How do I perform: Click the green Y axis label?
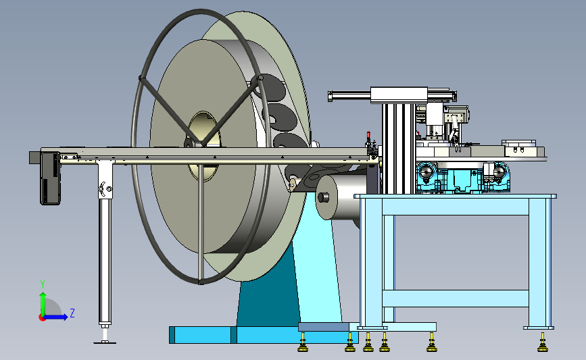43,284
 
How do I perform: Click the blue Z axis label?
72,313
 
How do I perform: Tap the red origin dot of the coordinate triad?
42,317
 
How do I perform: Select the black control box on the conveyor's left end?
50,178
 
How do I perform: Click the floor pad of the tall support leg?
105,341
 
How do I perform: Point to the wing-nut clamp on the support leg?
105,188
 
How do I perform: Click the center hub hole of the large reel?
203,146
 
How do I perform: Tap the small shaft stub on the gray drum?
323,197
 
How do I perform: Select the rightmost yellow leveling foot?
543,344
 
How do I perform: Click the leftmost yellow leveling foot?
303,344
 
